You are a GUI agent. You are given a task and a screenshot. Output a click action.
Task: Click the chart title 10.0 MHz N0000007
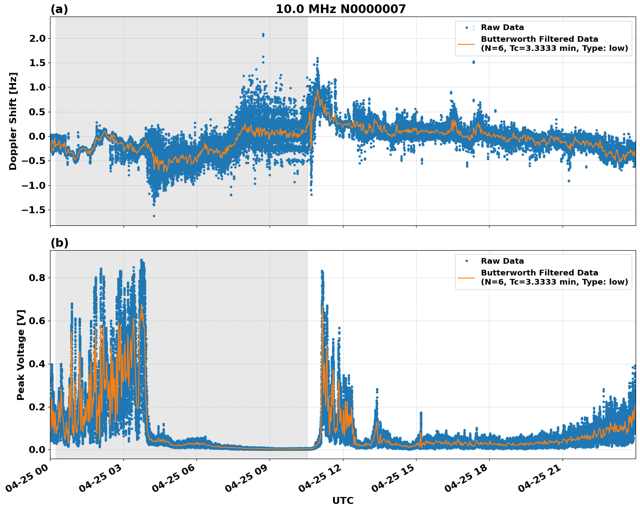point(340,9)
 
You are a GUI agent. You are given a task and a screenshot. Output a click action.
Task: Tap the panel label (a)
point(59,9)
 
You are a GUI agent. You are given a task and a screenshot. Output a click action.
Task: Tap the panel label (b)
point(59,243)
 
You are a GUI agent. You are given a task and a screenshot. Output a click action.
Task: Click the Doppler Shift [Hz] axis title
point(13,121)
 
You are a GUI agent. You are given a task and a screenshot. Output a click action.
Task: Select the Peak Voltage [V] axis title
point(21,355)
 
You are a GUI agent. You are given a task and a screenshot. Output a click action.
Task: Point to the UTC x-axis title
point(343,500)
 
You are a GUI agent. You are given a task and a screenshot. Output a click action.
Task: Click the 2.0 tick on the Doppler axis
point(37,38)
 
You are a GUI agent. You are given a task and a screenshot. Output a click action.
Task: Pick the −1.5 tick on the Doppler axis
point(33,210)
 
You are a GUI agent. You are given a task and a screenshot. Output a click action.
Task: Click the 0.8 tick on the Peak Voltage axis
point(37,278)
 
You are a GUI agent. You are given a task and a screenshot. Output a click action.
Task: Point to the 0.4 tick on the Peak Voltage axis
point(37,364)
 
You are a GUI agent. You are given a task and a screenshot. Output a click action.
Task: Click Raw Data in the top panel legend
point(502,27)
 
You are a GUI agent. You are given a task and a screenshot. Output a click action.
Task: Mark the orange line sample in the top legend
point(467,44)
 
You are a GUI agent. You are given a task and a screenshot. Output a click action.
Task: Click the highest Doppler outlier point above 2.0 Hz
point(263,34)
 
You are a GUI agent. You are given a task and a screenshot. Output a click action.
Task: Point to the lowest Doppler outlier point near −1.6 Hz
point(154,216)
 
